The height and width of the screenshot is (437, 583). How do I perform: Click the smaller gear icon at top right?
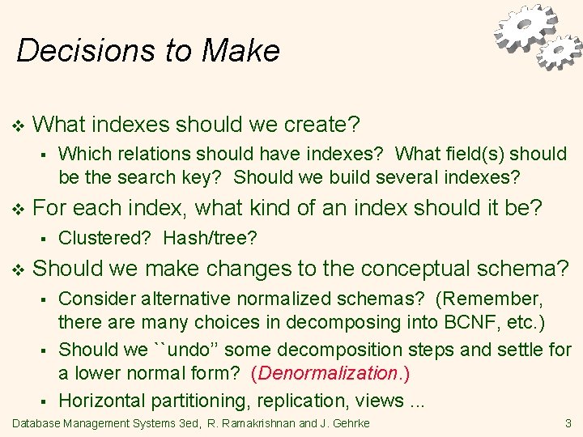tap(560, 53)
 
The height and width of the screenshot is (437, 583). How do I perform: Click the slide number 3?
tap(568, 423)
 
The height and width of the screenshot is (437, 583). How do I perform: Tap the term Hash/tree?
tap(211, 238)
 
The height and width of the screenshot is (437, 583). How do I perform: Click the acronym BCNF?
tap(470, 322)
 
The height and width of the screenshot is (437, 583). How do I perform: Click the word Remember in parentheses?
tap(491, 298)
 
